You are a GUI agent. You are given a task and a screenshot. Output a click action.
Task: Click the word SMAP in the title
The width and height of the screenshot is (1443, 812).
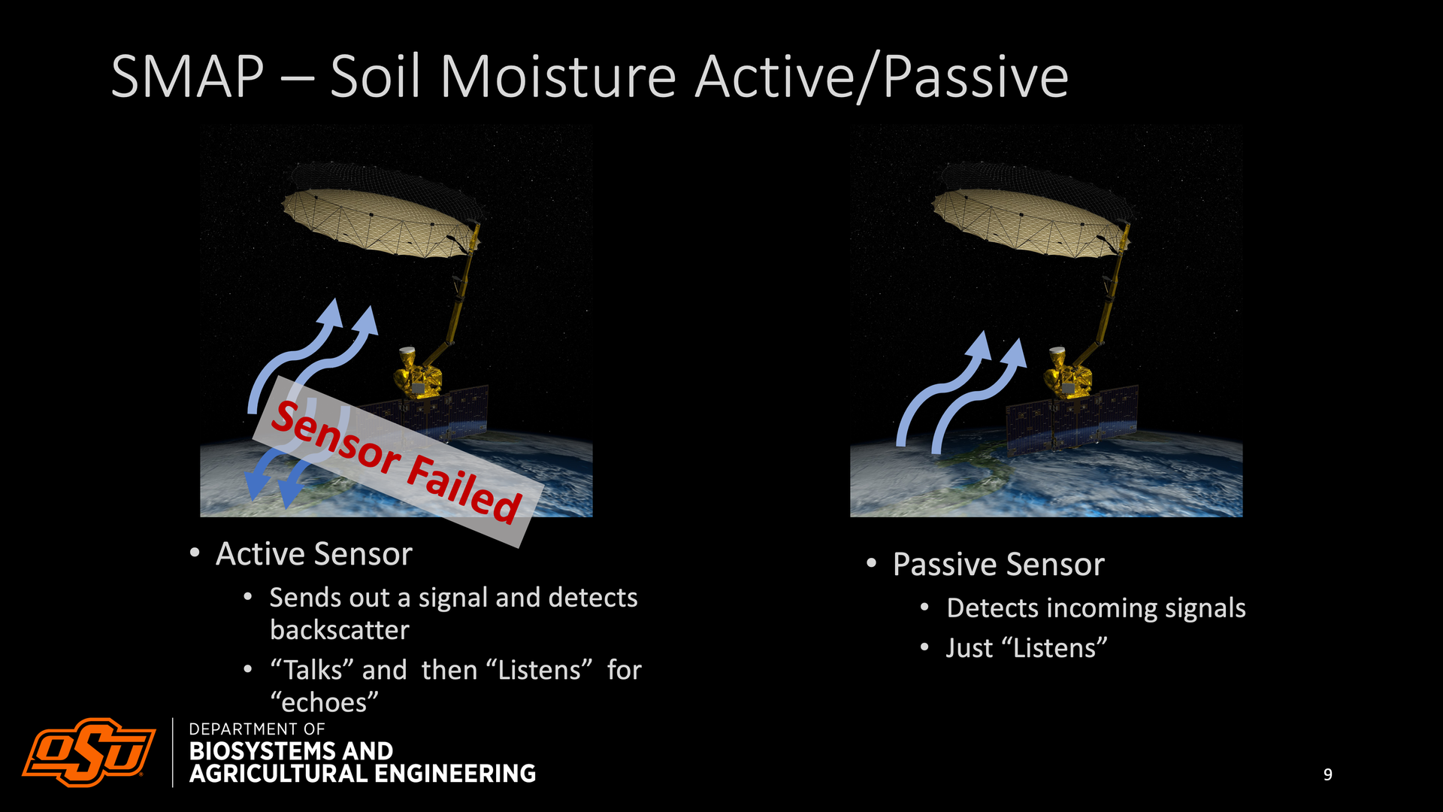click(187, 77)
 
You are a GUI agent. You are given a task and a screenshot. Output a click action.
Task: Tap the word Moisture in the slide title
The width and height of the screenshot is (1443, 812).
click(558, 77)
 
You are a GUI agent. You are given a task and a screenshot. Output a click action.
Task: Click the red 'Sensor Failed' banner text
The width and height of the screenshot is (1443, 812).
click(396, 462)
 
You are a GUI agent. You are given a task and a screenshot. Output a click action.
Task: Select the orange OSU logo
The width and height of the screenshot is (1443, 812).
click(89, 752)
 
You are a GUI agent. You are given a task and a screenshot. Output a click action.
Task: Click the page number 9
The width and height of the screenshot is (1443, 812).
click(1328, 774)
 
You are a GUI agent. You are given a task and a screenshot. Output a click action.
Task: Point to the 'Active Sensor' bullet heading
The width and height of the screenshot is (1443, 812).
click(314, 554)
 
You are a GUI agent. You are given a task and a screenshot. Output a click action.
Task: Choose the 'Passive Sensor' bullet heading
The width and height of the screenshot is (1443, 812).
click(998, 565)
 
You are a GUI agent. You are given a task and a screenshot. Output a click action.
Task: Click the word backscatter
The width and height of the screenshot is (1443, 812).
click(340, 630)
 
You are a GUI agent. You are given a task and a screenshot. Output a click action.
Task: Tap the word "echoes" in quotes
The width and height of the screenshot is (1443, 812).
click(325, 702)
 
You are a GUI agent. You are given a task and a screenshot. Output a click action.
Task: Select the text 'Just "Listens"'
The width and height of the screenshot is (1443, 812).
click(1027, 648)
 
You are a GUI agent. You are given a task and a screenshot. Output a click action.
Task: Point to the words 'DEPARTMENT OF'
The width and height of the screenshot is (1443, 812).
click(257, 729)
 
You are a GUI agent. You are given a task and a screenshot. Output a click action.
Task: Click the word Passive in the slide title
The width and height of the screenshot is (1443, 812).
click(976, 78)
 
